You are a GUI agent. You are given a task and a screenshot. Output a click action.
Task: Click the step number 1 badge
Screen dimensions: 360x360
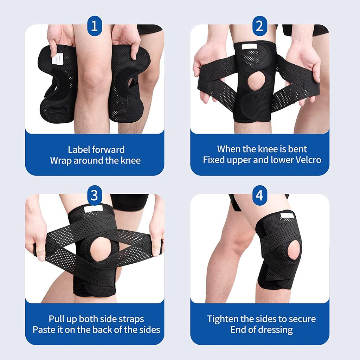94,26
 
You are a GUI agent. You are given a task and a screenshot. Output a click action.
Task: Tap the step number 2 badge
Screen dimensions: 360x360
259,26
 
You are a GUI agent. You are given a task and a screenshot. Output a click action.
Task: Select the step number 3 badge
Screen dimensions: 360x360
94,195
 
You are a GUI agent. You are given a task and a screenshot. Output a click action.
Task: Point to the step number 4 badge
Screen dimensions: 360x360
259,195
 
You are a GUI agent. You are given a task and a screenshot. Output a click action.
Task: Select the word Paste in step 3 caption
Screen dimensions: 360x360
44,329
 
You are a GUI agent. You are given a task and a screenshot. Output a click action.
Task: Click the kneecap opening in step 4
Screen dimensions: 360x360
294,249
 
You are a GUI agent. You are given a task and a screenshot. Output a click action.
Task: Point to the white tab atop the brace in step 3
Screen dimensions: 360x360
93,209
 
